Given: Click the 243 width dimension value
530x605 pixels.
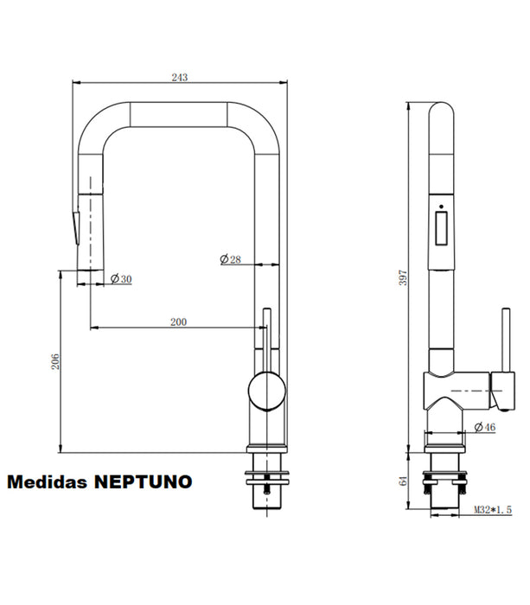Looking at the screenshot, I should click(179, 77).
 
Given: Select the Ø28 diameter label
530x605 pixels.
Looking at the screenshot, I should click(229, 258).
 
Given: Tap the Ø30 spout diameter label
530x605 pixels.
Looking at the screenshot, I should click(121, 278).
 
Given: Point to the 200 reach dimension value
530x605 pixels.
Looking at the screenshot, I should click(178, 322).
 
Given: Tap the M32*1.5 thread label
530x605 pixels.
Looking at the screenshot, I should click(492, 511).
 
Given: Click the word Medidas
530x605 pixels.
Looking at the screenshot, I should click(48, 481).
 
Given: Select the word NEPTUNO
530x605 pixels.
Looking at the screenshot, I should click(144, 481).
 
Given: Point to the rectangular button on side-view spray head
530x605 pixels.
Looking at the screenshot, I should click(442, 231).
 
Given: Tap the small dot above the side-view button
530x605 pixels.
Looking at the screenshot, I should click(442, 207).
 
